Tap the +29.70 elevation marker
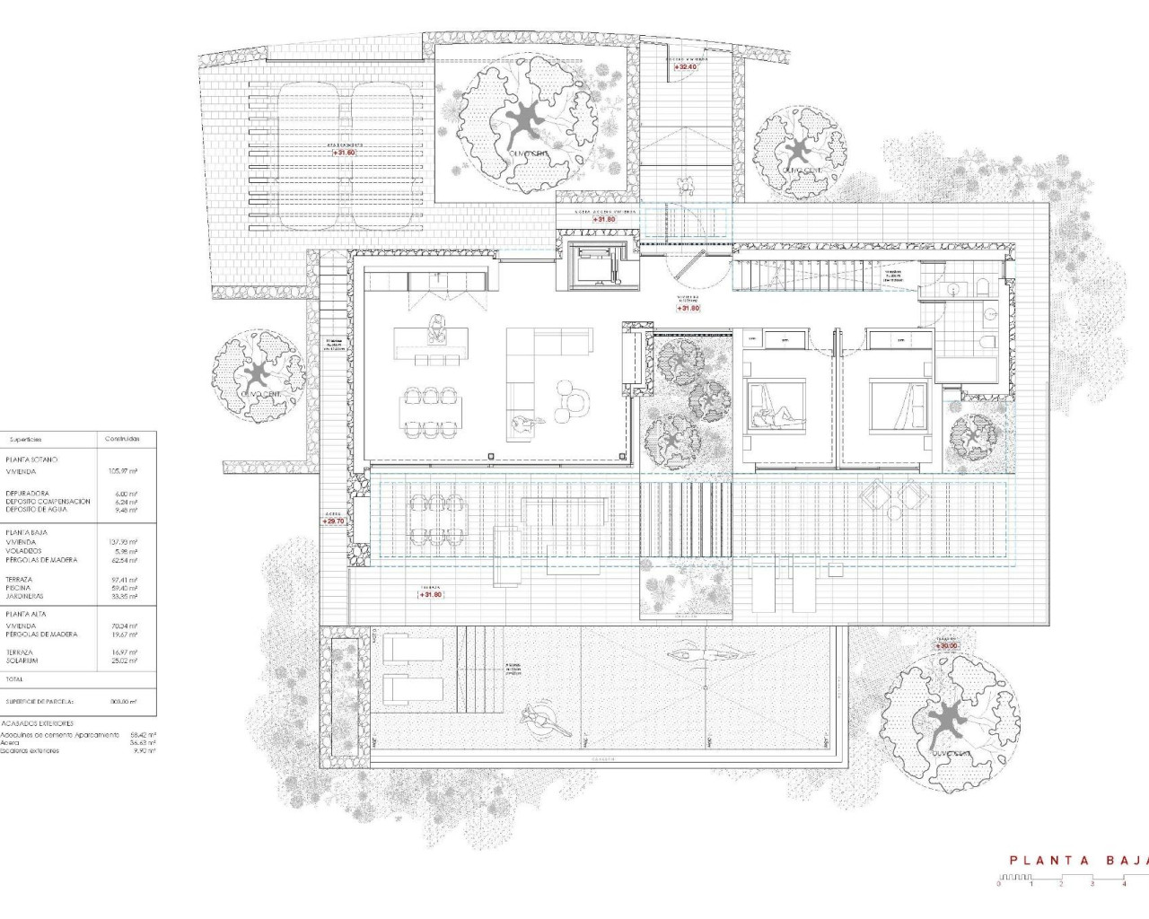coord(334,521)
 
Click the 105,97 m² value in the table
coord(122,470)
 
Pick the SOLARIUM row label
coord(22,661)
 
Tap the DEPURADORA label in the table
coord(26,494)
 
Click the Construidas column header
coord(122,439)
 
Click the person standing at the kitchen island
coord(436,328)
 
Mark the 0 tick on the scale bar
coord(998,884)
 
